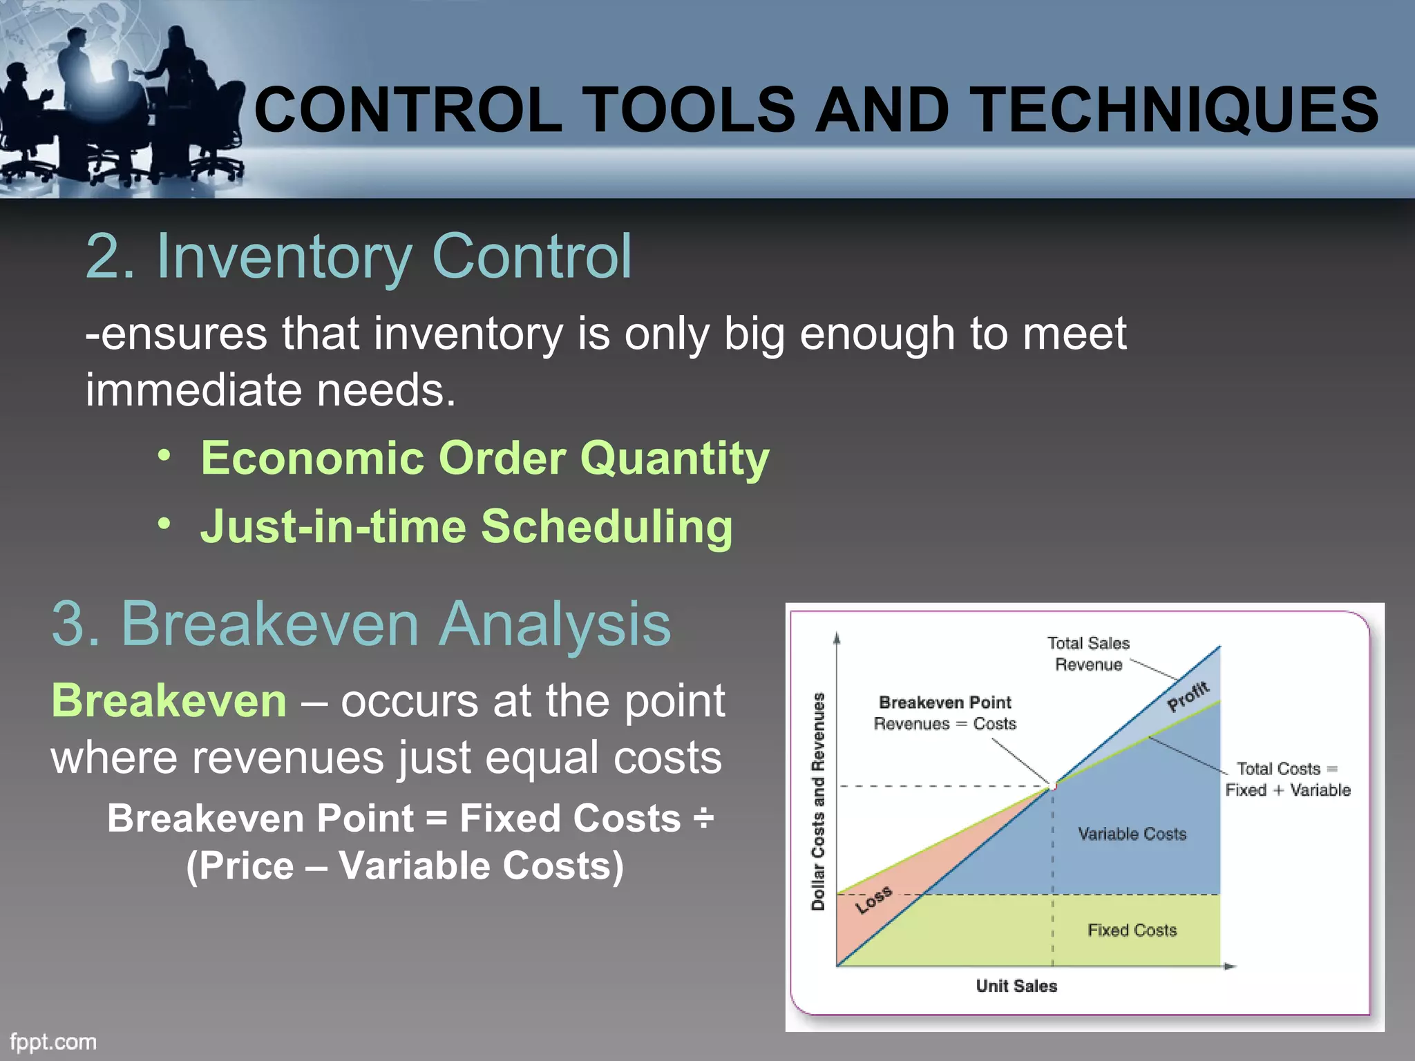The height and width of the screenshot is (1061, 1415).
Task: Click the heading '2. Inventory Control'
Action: click(359, 256)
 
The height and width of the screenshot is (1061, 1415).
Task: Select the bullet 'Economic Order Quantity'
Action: click(484, 458)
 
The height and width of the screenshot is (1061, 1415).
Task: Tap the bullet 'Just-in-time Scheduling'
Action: click(466, 526)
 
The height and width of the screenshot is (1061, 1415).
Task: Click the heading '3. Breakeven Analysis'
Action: click(361, 624)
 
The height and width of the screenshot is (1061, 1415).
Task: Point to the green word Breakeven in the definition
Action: click(169, 700)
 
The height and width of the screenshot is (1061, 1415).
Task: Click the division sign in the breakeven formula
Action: click(703, 819)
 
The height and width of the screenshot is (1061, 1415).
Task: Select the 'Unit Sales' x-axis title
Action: click(1016, 986)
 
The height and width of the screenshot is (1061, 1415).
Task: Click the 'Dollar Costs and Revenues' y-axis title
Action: click(818, 801)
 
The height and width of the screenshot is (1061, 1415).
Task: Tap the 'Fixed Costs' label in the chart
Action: click(1132, 930)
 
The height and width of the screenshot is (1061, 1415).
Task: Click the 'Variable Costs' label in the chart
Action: click(1132, 834)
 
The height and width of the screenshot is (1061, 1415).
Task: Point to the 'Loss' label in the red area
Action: click(873, 899)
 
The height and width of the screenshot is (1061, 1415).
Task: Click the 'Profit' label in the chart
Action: click(1188, 696)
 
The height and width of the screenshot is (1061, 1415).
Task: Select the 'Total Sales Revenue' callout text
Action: click(1088, 653)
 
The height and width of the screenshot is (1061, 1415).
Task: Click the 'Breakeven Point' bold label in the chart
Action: click(944, 702)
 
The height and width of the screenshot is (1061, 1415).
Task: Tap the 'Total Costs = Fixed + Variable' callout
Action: click(1288, 779)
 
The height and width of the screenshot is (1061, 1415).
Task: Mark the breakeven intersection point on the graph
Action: click(1053, 785)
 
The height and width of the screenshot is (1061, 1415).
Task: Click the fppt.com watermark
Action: click(53, 1042)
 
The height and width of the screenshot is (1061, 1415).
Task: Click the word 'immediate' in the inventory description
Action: click(193, 390)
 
